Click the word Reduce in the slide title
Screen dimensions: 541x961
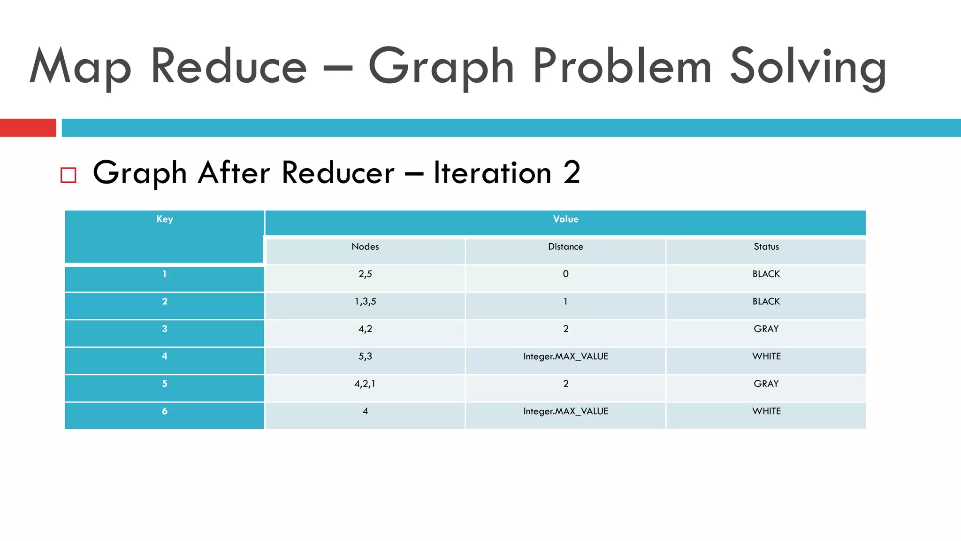click(229, 67)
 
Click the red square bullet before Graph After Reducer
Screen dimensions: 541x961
click(69, 175)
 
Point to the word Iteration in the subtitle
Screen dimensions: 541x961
click(492, 173)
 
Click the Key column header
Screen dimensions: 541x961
click(165, 219)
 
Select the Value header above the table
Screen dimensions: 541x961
click(565, 219)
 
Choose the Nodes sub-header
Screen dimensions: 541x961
click(365, 247)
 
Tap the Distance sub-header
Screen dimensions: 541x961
click(565, 247)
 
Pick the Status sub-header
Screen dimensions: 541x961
click(766, 247)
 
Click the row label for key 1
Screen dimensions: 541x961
click(165, 274)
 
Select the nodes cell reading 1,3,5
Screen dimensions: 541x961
click(365, 302)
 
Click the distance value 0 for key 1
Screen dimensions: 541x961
click(565, 274)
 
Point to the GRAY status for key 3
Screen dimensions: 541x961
click(766, 329)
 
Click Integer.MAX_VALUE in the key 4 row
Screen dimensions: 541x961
click(565, 357)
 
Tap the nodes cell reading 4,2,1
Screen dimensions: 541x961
click(365, 384)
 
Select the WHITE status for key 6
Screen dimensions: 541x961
click(766, 411)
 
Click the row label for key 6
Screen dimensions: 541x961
click(165, 411)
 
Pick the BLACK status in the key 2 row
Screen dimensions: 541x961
click(766, 302)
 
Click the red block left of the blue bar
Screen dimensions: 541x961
click(28, 128)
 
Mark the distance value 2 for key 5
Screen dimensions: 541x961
click(565, 384)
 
